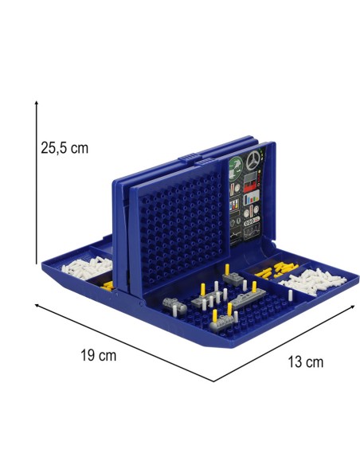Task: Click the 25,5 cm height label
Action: pyautogui.click(x=65, y=147)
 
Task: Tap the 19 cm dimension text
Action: pyautogui.click(x=99, y=355)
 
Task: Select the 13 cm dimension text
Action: pyautogui.click(x=305, y=361)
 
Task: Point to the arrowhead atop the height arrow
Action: pyautogui.click(x=37, y=103)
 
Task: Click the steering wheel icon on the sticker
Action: pyautogui.click(x=253, y=160)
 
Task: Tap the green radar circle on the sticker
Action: pyautogui.click(x=237, y=167)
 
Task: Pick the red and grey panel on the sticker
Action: pyautogui.click(x=251, y=181)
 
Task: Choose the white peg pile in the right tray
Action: pyautogui.click(x=313, y=281)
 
